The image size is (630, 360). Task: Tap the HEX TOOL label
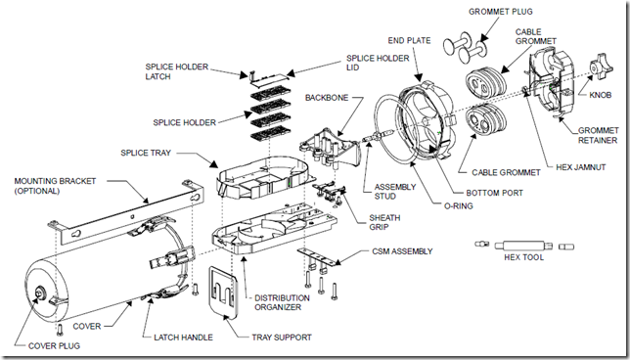click(524, 257)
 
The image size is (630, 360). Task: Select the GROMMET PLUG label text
click(501, 12)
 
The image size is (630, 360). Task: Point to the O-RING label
click(458, 206)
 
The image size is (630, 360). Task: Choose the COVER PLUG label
click(54, 346)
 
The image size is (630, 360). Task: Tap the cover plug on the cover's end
click(39, 292)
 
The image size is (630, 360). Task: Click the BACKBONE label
click(327, 98)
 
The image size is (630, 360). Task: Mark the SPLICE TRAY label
click(146, 153)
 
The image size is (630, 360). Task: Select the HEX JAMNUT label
click(581, 167)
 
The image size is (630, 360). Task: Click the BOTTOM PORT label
click(495, 193)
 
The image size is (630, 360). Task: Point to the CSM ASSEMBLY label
click(402, 251)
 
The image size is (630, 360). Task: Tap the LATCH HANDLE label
click(183, 337)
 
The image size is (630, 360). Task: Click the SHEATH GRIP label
click(384, 223)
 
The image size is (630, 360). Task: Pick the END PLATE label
click(409, 40)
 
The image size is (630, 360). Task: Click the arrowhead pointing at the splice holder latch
click(243, 74)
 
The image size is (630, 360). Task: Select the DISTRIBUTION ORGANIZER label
click(282, 302)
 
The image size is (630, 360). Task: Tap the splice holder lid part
click(268, 79)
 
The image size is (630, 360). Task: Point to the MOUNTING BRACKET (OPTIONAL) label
click(56, 186)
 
